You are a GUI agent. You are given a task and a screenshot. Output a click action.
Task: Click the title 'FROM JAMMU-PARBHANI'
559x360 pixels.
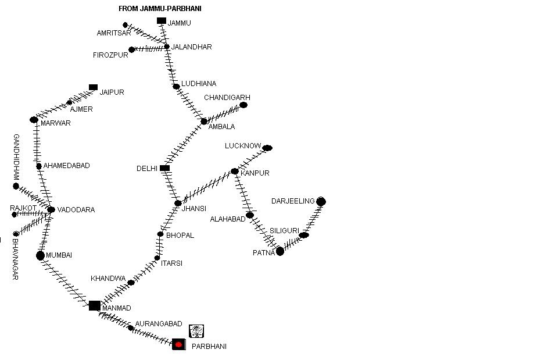(x=160, y=9)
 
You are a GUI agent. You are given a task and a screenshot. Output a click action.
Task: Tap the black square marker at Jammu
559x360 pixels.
(x=162, y=21)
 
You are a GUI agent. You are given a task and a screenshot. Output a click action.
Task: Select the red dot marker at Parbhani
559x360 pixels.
(x=179, y=345)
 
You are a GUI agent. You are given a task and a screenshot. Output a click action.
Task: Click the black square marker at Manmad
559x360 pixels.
(x=95, y=305)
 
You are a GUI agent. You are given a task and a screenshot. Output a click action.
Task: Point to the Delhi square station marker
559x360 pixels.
(x=165, y=168)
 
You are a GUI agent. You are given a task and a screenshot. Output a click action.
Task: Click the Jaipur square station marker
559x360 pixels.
(x=93, y=87)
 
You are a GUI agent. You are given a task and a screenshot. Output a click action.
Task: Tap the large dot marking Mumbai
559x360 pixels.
(x=40, y=255)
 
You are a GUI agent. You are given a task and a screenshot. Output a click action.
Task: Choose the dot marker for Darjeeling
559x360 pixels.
(x=321, y=202)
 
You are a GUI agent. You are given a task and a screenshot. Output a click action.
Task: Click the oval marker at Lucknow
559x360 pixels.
(x=267, y=148)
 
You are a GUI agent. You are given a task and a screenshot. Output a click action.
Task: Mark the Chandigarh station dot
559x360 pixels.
(x=243, y=105)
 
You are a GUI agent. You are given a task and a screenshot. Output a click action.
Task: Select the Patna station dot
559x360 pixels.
(x=280, y=251)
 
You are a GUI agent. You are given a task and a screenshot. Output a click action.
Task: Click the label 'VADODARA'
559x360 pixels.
(x=76, y=210)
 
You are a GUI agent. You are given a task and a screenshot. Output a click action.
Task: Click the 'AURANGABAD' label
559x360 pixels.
(x=159, y=324)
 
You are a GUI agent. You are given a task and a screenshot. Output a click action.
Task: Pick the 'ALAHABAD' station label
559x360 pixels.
(x=228, y=219)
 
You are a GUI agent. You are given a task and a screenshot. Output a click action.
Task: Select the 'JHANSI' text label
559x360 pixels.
(x=194, y=209)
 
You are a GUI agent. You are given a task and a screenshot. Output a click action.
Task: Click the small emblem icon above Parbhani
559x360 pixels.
(x=197, y=331)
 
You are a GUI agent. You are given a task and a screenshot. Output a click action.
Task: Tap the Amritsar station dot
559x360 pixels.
(x=126, y=25)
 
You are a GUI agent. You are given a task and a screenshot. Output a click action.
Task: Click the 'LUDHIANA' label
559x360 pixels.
(x=199, y=84)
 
